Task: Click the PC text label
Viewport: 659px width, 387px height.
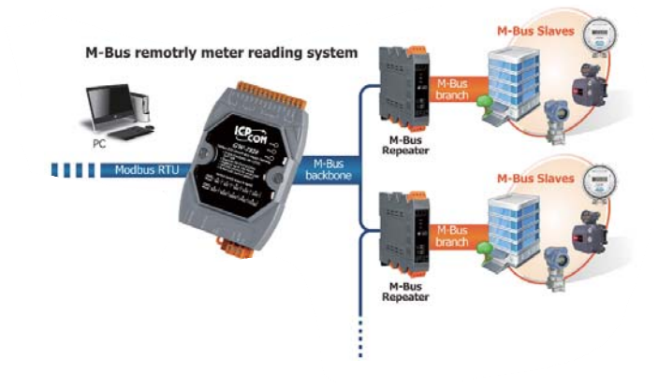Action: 99,145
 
